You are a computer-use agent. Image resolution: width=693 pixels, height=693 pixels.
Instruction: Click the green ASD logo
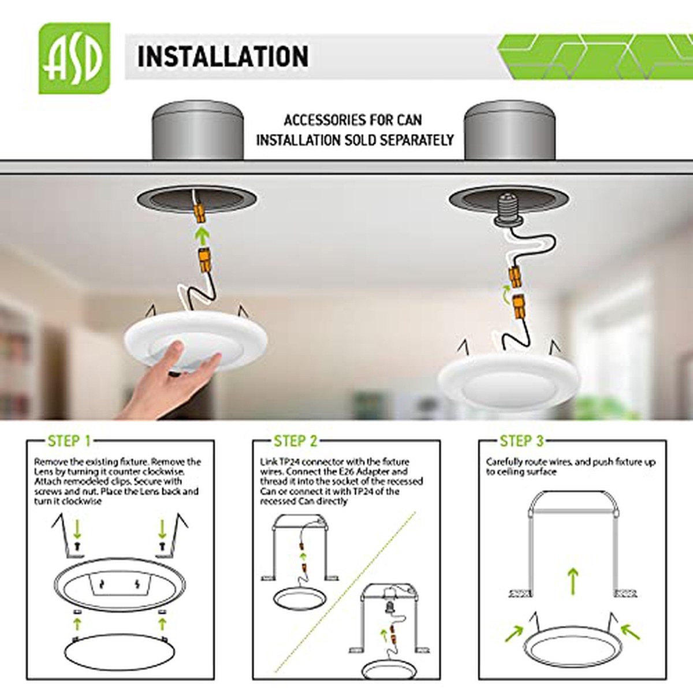point(74,58)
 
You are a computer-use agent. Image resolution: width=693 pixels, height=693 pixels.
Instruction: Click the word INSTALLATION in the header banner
point(223,57)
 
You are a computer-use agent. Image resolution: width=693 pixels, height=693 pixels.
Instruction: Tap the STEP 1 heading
point(69,441)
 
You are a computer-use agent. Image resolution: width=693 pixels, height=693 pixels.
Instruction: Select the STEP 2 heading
point(296,441)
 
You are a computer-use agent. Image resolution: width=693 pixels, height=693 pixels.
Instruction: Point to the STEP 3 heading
point(521,441)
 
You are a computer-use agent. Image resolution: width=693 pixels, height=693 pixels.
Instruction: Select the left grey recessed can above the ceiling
point(198,130)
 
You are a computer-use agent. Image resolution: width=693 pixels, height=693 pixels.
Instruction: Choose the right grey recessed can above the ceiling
point(509,130)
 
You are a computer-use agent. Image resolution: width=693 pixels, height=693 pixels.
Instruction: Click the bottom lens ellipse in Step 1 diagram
point(120,651)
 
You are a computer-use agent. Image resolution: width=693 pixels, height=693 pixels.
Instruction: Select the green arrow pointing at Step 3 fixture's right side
point(630,632)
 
